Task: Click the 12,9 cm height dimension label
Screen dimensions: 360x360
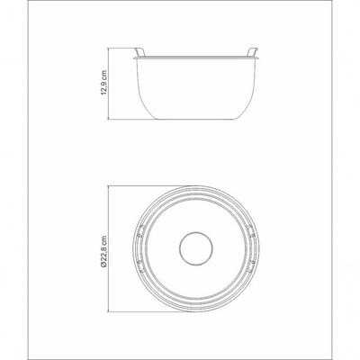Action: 104,83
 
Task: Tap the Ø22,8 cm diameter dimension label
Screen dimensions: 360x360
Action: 104,248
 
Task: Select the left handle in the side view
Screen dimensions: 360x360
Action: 139,52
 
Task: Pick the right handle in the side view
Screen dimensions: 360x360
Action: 252,52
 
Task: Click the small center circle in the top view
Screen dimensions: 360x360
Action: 196,248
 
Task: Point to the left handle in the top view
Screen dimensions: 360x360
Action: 140,248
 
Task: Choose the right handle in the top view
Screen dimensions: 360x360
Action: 251,248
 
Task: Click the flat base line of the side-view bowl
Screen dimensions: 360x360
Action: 198,119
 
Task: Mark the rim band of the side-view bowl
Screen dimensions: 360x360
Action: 196,57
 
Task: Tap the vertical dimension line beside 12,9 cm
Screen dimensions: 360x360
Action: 108,84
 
